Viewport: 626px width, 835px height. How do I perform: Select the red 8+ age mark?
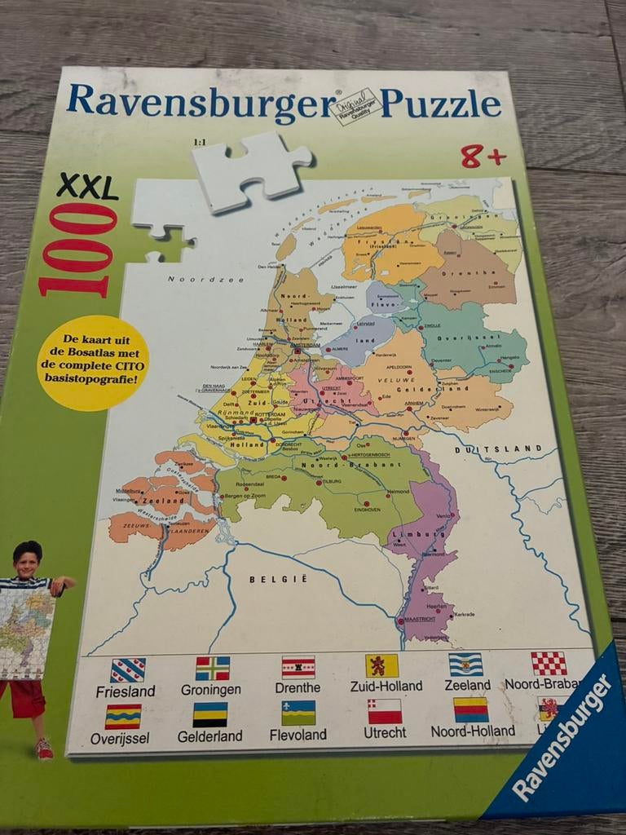pos(483,156)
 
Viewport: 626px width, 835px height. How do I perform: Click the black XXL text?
pos(87,188)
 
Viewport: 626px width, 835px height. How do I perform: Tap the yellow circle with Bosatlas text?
pos(93,362)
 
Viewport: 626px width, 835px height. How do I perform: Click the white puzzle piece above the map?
pos(252,170)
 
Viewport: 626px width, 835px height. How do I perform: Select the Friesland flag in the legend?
pos(128,669)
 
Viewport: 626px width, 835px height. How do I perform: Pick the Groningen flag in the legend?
pos(212,668)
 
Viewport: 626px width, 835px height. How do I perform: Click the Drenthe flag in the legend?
pos(298,667)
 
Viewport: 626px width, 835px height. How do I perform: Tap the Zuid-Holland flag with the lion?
pos(381,665)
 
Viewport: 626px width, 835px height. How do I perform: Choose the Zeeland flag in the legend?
pos(465,665)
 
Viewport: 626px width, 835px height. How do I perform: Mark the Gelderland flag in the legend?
pos(209,714)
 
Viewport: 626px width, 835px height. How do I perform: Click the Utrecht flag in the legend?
pos(384,711)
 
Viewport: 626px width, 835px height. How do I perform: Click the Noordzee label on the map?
pos(194,279)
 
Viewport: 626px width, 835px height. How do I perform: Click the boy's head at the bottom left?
pos(27,559)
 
